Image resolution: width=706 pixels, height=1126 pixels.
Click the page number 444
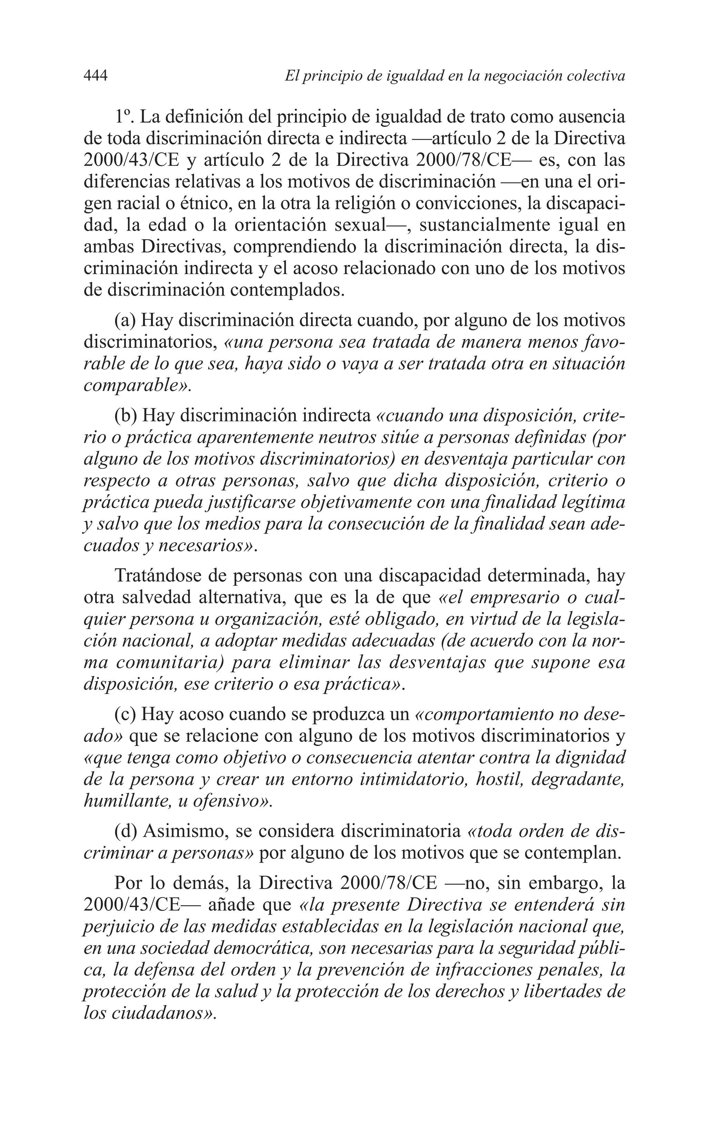96,76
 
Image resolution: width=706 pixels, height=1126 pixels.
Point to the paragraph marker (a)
125,320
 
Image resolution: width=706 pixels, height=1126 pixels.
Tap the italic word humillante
123,801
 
